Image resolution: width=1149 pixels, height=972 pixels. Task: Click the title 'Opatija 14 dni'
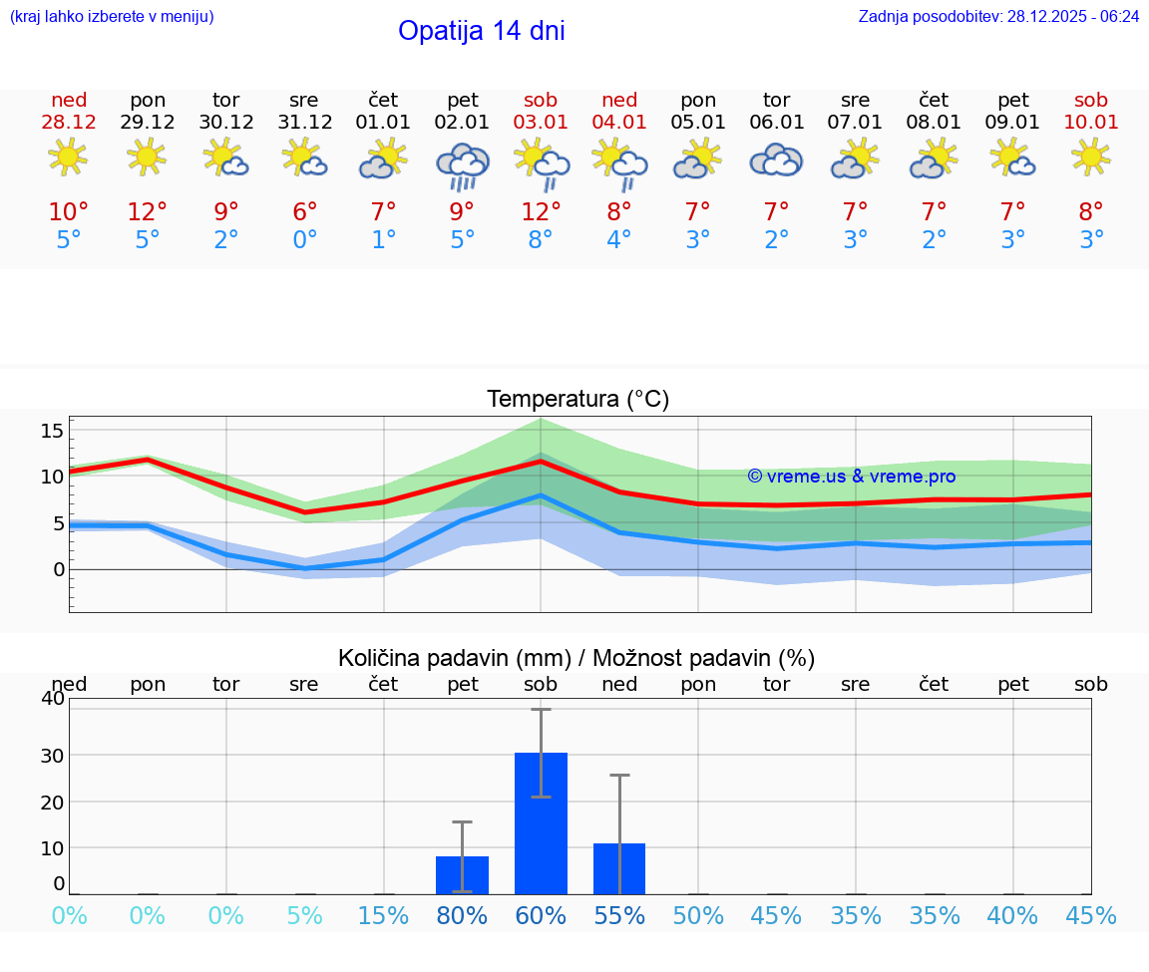[x=481, y=31]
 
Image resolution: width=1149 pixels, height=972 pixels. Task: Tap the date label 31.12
[x=304, y=123]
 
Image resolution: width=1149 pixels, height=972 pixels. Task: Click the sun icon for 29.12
[x=148, y=158]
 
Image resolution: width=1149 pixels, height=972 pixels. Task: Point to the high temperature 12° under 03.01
[x=541, y=212]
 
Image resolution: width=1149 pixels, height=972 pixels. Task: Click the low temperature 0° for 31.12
[x=304, y=240]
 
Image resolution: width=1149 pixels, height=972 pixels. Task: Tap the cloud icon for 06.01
[x=776, y=160]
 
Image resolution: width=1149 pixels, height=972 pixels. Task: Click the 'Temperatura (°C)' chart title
[x=577, y=400]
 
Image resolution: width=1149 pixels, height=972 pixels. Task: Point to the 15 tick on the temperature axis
[x=53, y=431]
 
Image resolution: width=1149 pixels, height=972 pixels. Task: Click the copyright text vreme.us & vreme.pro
[x=851, y=477]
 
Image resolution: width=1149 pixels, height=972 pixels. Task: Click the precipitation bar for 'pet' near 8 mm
[x=462, y=874]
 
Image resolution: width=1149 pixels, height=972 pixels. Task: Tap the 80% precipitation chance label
[x=462, y=916]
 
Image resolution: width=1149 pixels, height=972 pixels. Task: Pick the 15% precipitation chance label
[x=383, y=916]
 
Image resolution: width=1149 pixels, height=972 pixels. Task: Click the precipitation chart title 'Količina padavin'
[x=576, y=658]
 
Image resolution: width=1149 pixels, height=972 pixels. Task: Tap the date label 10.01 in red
[x=1091, y=123]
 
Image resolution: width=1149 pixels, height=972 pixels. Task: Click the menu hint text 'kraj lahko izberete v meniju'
[x=112, y=17]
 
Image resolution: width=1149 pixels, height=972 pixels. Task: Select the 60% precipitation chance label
[x=541, y=916]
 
